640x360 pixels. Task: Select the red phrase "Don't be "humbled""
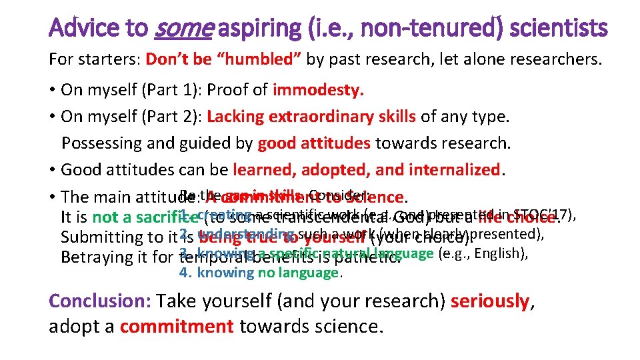(224, 59)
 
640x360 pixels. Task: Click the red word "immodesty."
(319, 90)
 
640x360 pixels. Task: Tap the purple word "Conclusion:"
(100, 301)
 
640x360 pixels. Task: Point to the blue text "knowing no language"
(268, 272)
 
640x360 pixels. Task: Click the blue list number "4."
(186, 272)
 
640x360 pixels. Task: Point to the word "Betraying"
(93, 257)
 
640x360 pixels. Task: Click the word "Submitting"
(99, 237)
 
